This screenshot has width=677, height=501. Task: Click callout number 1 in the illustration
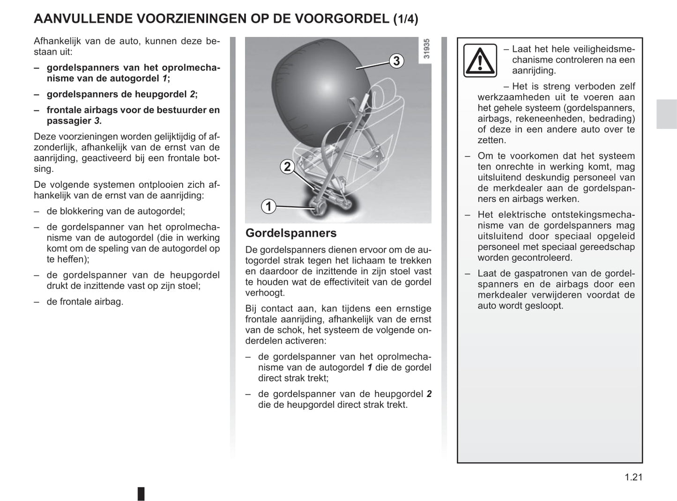coord(268,206)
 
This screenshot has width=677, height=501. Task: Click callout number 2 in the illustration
coord(287,166)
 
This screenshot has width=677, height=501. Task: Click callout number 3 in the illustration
coord(396,61)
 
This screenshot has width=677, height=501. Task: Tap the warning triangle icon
coord(480,60)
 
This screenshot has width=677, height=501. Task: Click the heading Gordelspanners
coord(291,233)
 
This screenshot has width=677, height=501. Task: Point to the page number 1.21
coord(633,477)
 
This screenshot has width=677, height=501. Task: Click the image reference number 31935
coord(426,49)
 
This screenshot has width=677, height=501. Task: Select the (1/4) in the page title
coord(406,19)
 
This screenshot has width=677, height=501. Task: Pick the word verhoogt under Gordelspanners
coord(265,293)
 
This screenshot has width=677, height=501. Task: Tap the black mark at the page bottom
coord(141,494)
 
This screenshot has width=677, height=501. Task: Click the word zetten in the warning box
coord(491,140)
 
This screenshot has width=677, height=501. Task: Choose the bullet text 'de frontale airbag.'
coord(85,302)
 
